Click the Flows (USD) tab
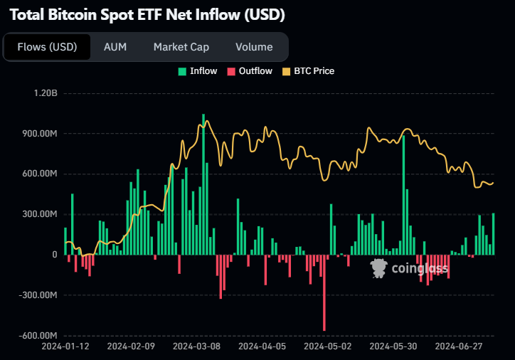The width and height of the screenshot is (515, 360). (x=47, y=47)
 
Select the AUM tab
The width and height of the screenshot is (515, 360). (x=115, y=47)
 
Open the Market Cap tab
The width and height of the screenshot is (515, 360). (x=181, y=47)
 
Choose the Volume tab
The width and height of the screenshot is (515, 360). (x=254, y=47)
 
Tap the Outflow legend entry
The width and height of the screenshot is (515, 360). (x=249, y=71)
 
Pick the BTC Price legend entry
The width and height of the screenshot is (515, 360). (x=308, y=71)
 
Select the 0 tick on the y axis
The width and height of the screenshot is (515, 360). (x=54, y=255)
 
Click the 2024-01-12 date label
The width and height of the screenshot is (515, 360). (x=65, y=346)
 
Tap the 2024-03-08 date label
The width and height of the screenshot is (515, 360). (x=196, y=346)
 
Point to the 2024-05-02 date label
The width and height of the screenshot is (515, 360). (x=327, y=346)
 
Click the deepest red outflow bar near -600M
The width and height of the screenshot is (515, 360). (x=324, y=292)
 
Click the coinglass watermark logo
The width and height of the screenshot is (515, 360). (x=409, y=268)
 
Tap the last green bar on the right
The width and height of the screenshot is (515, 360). (x=494, y=234)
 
